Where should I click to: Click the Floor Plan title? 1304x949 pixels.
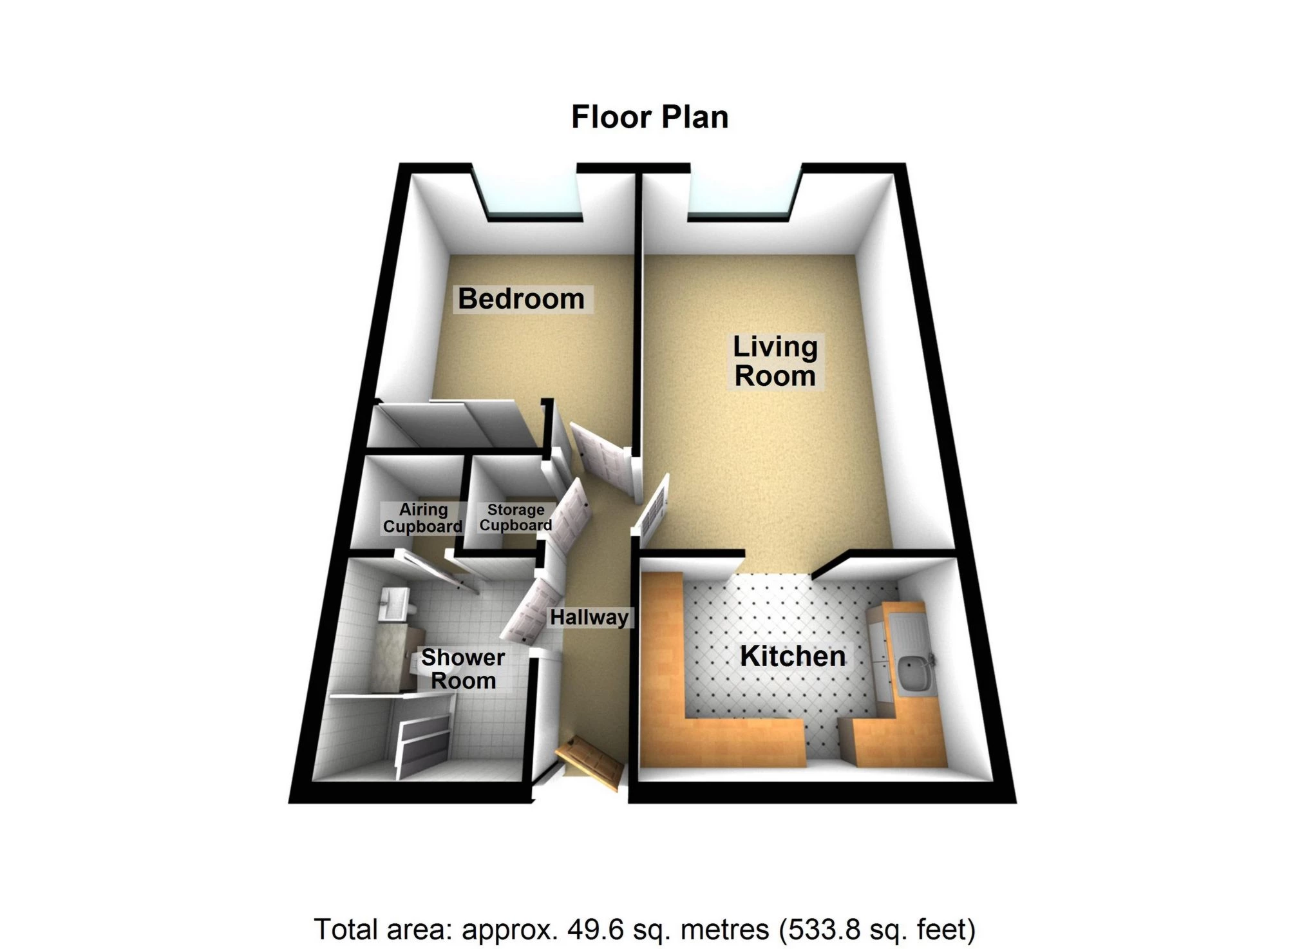tap(649, 118)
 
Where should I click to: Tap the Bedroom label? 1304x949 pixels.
tap(521, 299)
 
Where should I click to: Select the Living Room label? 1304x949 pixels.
tap(775, 361)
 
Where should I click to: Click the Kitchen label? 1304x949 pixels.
tap(793, 657)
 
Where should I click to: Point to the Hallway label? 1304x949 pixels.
tap(589, 617)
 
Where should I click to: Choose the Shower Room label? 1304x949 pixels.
tap(463, 669)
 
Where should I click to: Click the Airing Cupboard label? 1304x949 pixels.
tap(422, 518)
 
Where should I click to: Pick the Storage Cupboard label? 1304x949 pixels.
tap(515, 517)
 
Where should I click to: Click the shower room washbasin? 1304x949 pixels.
tap(393, 604)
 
